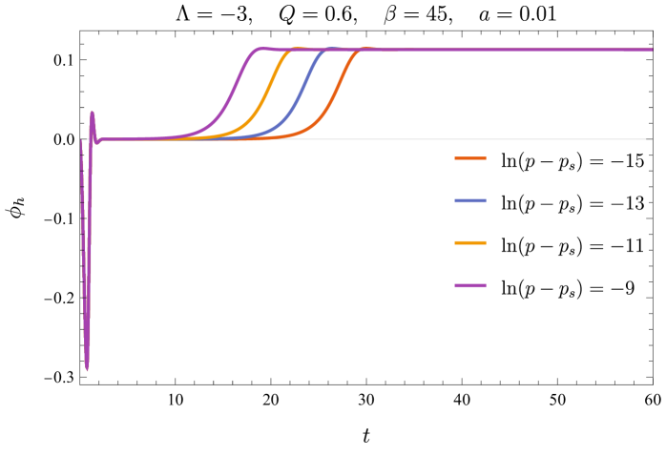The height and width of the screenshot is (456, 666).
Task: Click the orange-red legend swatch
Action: point(470,158)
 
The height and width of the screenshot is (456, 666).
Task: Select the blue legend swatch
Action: point(470,201)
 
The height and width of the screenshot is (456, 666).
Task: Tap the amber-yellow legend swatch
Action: point(470,243)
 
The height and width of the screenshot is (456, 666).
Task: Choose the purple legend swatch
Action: point(470,286)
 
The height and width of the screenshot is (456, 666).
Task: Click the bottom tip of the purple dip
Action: point(87,369)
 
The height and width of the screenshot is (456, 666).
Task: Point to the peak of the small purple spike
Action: point(93,113)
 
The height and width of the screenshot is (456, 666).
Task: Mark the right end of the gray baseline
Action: point(645,139)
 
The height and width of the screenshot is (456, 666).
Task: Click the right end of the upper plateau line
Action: point(652,50)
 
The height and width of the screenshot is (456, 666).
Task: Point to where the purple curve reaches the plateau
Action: point(258,49)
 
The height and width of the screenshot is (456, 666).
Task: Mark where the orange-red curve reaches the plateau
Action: point(363,50)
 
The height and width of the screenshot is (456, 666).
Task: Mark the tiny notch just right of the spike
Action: point(97,142)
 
